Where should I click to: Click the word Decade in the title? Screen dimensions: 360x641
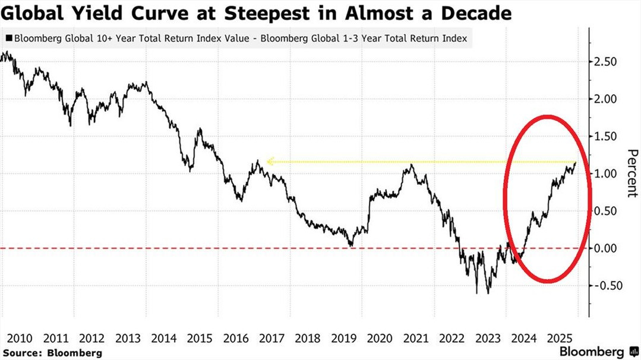click(476, 13)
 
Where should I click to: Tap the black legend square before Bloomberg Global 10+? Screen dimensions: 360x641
click(8, 39)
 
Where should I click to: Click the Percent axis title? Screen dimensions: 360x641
click(632, 173)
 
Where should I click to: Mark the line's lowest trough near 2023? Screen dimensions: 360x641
click(488, 292)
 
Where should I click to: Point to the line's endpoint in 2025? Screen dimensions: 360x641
click(575, 163)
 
